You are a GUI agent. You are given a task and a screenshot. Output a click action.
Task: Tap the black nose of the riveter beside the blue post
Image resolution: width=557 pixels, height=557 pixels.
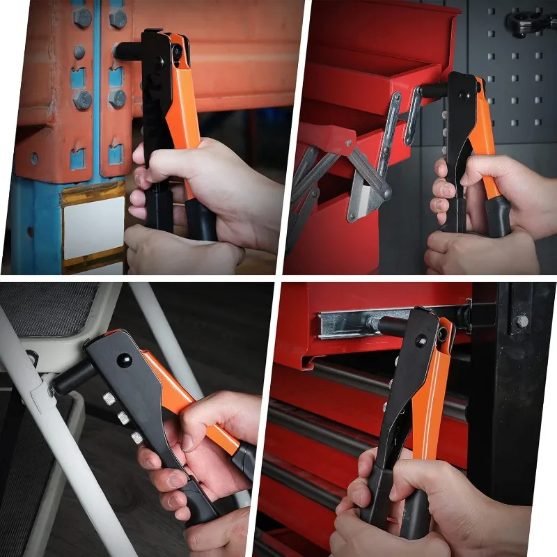[x=130, y=51]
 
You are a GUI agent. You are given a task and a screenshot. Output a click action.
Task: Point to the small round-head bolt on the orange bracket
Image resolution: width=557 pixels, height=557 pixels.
[x=79, y=52]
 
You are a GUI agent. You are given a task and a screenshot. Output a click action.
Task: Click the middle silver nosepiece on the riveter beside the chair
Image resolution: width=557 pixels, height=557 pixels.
[x=123, y=417]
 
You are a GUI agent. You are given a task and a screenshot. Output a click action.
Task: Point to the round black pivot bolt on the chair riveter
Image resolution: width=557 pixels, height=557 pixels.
[x=124, y=360]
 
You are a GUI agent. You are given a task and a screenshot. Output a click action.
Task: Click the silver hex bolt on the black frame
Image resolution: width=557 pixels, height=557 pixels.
[x=520, y=321]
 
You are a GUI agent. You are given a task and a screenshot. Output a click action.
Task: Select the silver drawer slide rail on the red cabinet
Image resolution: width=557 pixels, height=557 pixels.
[x=348, y=324]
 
